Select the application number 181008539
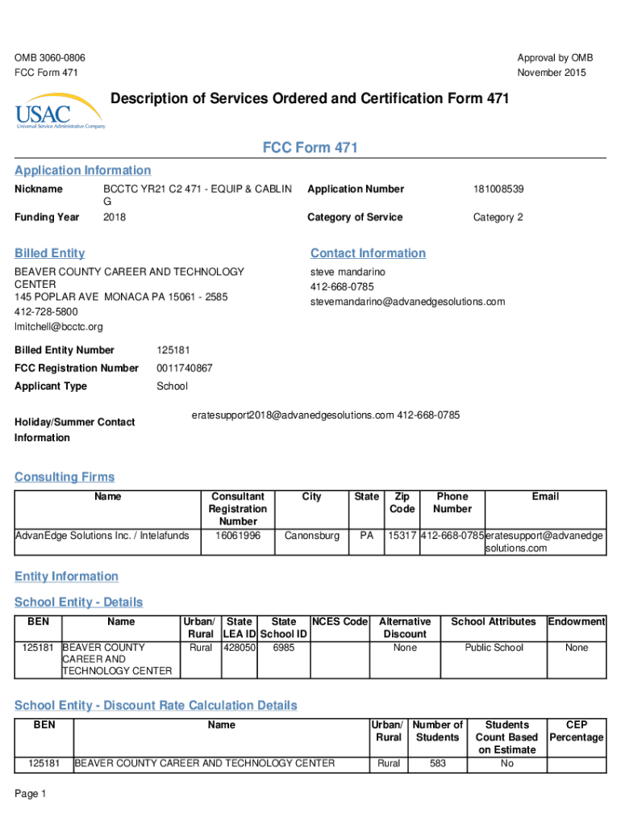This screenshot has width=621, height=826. (x=498, y=189)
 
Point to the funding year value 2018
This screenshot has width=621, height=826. (x=115, y=217)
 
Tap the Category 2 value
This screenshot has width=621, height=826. (x=498, y=217)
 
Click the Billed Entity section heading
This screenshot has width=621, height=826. (x=50, y=253)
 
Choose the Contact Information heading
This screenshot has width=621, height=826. (x=368, y=253)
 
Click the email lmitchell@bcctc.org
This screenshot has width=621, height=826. (x=59, y=327)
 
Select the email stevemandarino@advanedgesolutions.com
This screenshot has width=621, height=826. (x=407, y=302)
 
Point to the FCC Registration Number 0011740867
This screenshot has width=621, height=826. (x=185, y=368)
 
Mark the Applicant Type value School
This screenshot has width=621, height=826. (x=172, y=386)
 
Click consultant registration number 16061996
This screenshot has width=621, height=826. (x=238, y=535)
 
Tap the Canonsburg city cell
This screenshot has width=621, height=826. (x=312, y=535)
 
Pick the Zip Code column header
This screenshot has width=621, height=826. (x=402, y=503)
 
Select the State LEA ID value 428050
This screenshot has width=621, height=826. (x=240, y=647)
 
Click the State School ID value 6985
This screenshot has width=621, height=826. (x=283, y=647)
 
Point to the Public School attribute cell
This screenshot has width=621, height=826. (x=494, y=647)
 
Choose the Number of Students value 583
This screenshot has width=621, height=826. (x=437, y=763)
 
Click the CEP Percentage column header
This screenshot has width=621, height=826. (x=577, y=731)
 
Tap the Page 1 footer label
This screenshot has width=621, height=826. (x=31, y=794)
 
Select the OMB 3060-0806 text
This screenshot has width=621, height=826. (x=50, y=58)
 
